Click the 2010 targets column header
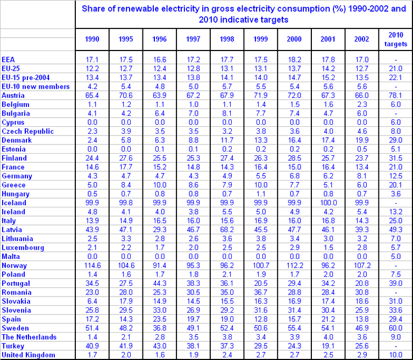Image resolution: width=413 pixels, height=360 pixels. point(396,39)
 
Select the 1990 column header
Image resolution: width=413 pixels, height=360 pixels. point(92,39)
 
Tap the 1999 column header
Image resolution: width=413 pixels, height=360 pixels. point(260,39)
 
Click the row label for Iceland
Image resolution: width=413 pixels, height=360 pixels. point(14,203)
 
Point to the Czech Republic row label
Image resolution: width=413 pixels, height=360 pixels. point(27,131)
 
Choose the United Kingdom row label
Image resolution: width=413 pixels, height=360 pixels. point(29,355)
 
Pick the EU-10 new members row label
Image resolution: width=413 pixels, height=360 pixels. point(35,87)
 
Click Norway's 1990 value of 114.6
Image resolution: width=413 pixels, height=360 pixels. point(92,265)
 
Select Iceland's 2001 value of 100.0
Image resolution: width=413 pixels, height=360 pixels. point(328,203)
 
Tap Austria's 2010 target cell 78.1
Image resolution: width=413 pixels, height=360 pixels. point(396,96)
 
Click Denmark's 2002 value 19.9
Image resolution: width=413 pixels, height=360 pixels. point(361,140)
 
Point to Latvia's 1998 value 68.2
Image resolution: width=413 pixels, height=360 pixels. point(227,230)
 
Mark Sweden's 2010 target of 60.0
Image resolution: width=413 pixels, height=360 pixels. point(396,328)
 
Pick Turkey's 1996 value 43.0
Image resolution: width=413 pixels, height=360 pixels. point(159,346)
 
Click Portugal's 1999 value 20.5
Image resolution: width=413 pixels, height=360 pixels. point(260,283)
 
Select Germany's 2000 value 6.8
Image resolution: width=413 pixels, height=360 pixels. point(294,176)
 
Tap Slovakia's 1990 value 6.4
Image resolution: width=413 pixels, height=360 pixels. point(92,301)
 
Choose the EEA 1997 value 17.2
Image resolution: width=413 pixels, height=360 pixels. point(193,60)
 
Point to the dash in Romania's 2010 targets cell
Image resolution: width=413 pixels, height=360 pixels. point(396,293)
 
